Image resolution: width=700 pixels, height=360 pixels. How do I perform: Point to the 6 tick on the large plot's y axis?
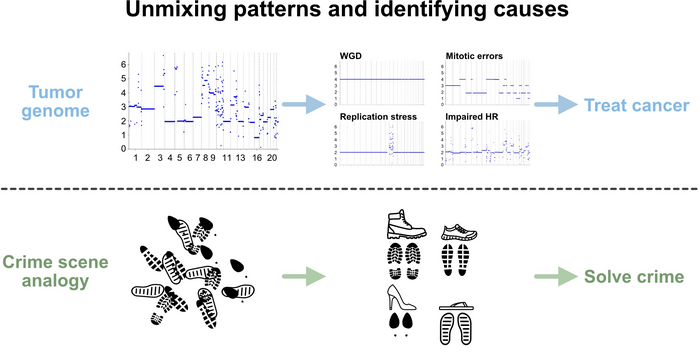pos(122,63)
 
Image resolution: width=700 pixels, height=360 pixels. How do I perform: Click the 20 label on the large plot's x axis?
pos(273,158)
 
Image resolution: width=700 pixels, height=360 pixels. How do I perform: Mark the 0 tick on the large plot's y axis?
pos(122,148)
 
